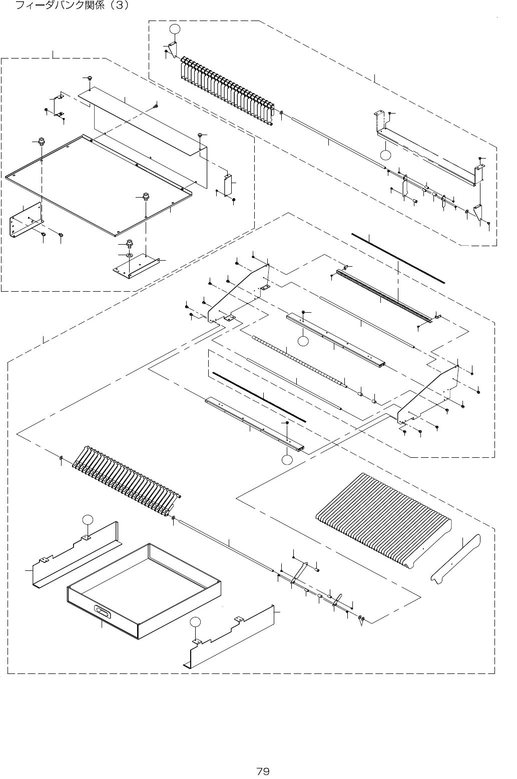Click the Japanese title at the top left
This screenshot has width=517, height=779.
click(x=73, y=6)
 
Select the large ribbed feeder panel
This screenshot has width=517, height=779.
click(x=383, y=518)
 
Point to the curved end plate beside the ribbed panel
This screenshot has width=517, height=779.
click(x=456, y=559)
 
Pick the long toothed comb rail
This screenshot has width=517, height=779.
click(x=383, y=296)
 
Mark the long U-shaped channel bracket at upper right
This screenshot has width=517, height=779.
click(x=428, y=158)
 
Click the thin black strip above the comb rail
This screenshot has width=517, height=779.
click(x=398, y=258)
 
